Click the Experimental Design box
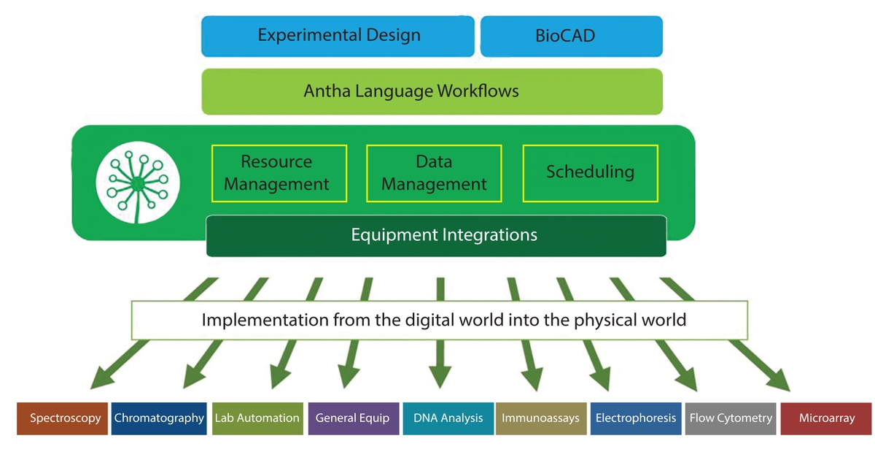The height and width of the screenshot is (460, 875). pyautogui.click(x=338, y=36)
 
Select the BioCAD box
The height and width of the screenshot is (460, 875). pyautogui.click(x=571, y=36)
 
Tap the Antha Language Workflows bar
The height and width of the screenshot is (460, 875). pyautogui.click(x=432, y=91)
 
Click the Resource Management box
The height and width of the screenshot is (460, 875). pyautogui.click(x=279, y=173)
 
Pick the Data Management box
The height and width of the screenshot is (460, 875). pyautogui.click(x=434, y=173)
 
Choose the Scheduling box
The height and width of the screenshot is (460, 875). pyautogui.click(x=590, y=173)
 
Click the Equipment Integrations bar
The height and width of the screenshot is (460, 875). pyautogui.click(x=436, y=235)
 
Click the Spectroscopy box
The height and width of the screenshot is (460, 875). pyautogui.click(x=63, y=418)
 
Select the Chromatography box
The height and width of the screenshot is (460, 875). pyautogui.click(x=159, y=418)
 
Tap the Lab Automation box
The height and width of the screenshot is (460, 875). pyautogui.click(x=257, y=418)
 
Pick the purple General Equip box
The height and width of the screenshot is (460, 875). pyautogui.click(x=353, y=418)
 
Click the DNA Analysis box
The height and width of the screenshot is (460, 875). pyautogui.click(x=448, y=418)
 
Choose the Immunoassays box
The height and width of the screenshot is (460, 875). pyautogui.click(x=540, y=418)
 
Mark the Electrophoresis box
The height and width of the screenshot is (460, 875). pyautogui.click(x=635, y=418)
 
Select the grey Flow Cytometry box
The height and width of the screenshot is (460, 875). pyautogui.click(x=730, y=418)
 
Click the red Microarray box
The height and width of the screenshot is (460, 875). pyautogui.click(x=826, y=418)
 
